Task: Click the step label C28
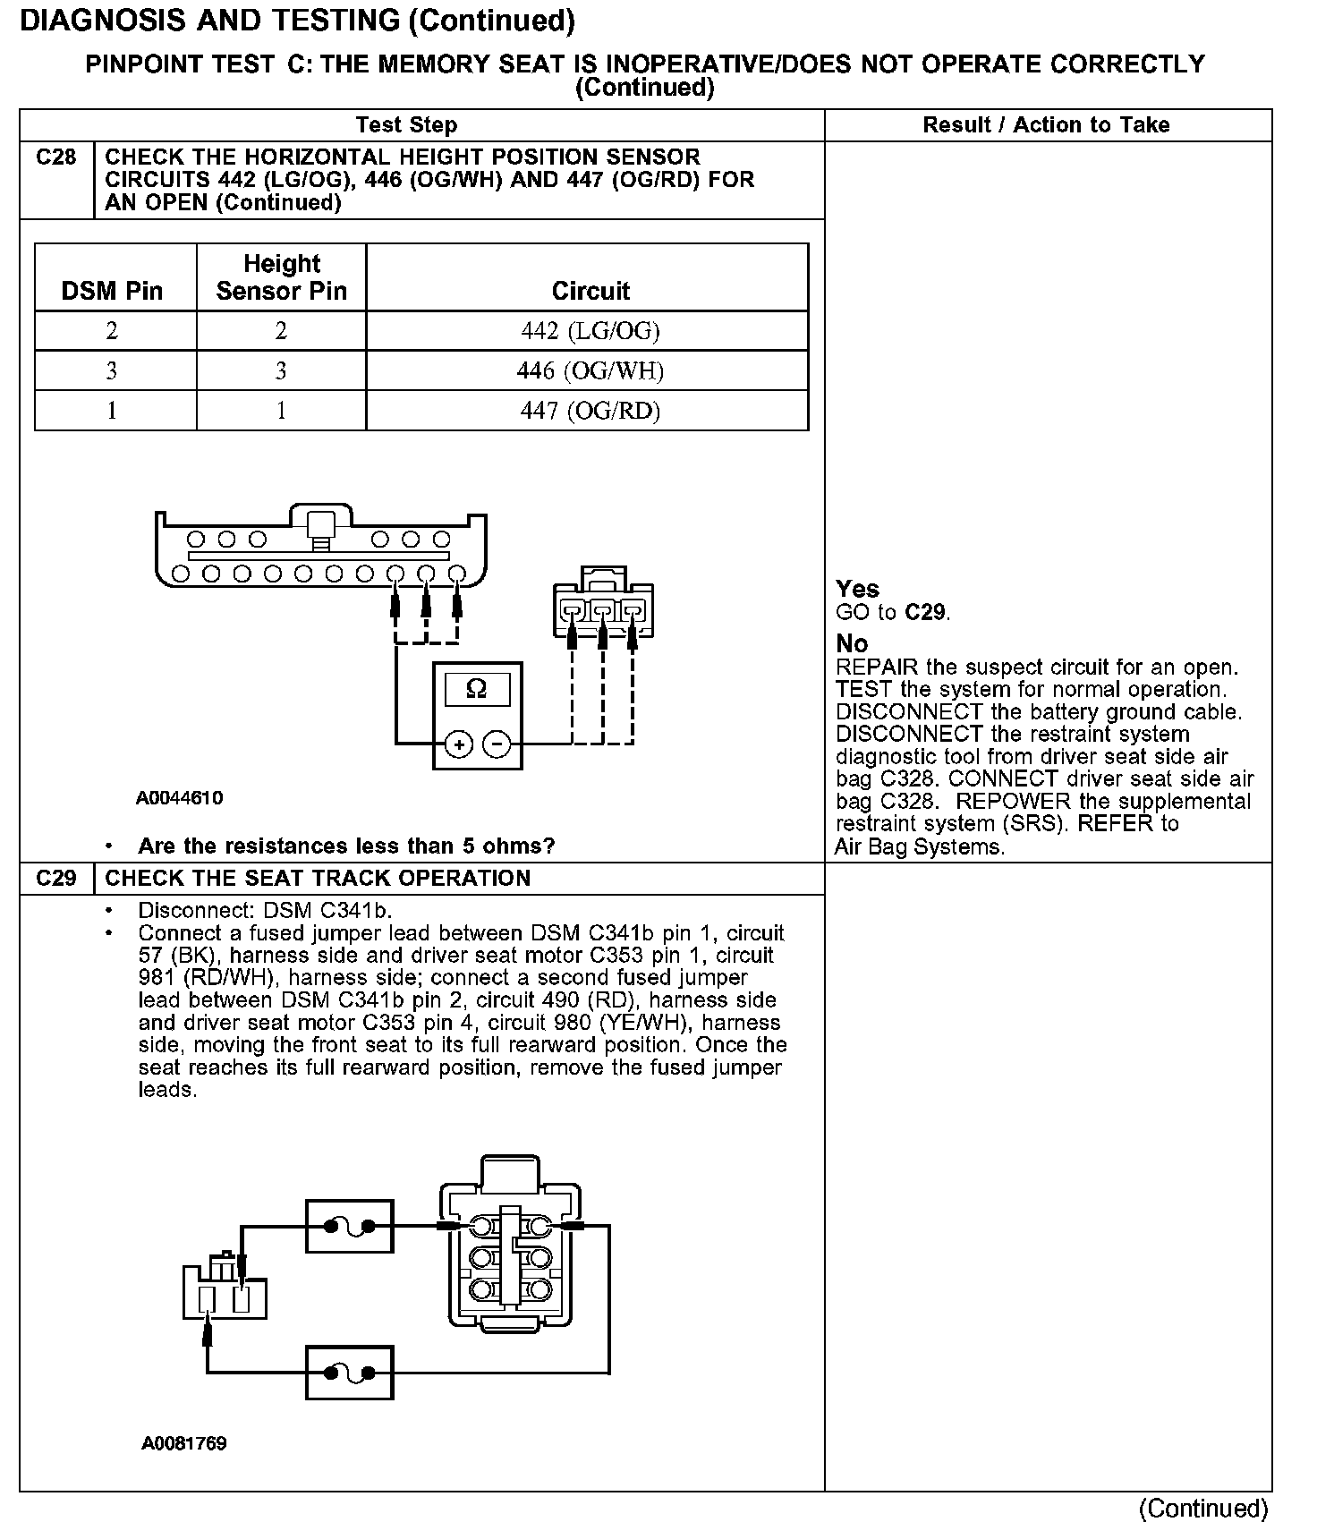(x=56, y=157)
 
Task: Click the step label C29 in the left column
(x=56, y=878)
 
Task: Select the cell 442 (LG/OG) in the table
(x=590, y=331)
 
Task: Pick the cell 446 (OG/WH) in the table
(x=590, y=370)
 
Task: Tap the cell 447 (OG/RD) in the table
(x=590, y=411)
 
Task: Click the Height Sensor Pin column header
(x=281, y=277)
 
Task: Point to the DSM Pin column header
(x=112, y=291)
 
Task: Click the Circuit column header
(x=591, y=291)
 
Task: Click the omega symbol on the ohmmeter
(x=477, y=689)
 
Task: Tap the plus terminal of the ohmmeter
(x=459, y=744)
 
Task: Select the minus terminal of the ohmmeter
(x=497, y=744)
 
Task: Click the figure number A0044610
(x=180, y=798)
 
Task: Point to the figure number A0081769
(x=183, y=1443)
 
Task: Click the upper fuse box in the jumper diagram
(x=349, y=1226)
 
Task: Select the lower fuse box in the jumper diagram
(x=349, y=1372)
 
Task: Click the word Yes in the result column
(x=857, y=589)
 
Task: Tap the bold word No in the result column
(x=852, y=643)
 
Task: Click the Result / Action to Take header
(x=1046, y=125)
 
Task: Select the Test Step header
(x=406, y=125)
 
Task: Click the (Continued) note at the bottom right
(x=1203, y=1509)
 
